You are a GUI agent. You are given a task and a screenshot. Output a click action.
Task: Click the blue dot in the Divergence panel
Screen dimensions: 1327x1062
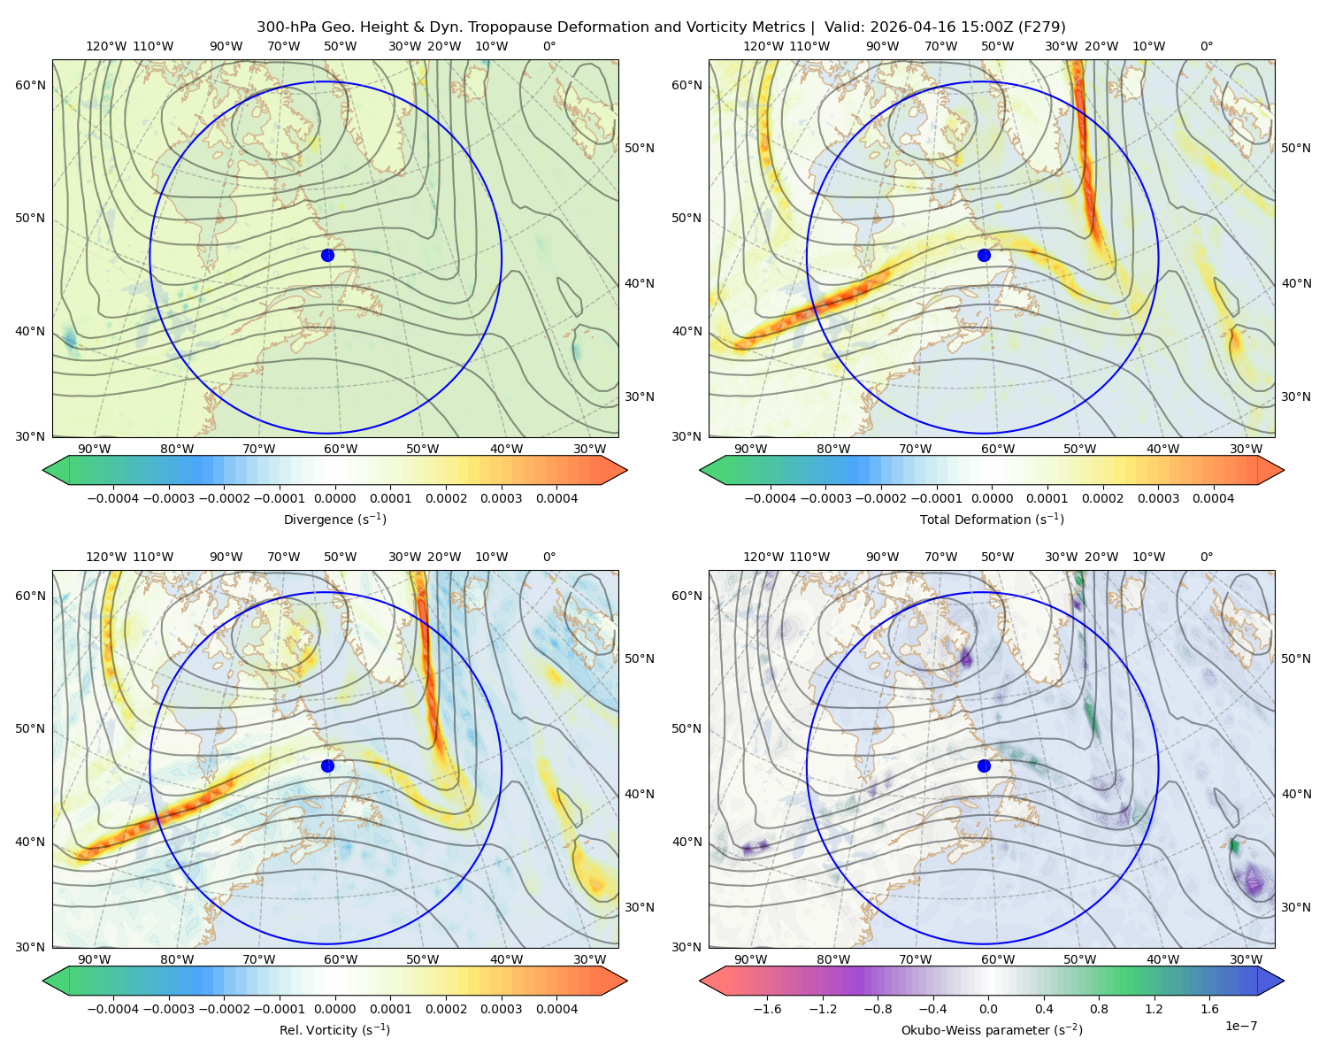[x=327, y=256]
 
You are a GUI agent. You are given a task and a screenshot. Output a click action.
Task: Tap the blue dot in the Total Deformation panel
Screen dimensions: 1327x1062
[x=984, y=256]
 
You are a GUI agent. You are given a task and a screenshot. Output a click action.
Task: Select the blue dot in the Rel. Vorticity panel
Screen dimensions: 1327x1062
[x=327, y=766]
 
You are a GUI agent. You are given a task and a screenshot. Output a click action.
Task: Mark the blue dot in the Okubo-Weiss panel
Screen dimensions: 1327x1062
[x=984, y=766]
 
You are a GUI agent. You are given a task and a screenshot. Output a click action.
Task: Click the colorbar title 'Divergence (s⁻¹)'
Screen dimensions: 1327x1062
[x=334, y=519]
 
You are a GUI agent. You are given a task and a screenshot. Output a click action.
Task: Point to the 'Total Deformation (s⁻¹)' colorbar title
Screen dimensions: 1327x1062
[x=992, y=519]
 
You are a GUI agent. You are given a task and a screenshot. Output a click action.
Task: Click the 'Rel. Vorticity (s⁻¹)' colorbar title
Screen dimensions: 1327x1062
[x=334, y=1030]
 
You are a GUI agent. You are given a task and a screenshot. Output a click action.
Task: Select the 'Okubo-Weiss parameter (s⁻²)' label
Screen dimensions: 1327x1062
[x=992, y=1030]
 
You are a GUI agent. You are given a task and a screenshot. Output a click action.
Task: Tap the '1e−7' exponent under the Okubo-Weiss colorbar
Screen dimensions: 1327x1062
[x=1240, y=1026]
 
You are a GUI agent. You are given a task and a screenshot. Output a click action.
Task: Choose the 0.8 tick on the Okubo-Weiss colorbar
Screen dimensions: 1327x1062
[x=1099, y=1009]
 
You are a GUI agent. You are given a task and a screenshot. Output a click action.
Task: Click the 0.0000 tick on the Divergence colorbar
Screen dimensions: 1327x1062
[x=334, y=498]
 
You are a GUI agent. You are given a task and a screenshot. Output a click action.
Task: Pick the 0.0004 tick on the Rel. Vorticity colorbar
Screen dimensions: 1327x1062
[x=556, y=1009]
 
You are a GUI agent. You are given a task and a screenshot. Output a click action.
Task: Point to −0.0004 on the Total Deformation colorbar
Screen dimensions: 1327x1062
[x=771, y=498]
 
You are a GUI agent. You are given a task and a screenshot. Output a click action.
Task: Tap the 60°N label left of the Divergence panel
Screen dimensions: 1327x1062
[x=30, y=85]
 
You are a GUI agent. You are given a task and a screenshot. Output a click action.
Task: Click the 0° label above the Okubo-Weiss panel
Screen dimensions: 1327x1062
[x=1206, y=557]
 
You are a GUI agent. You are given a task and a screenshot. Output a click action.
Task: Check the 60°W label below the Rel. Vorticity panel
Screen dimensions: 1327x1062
[x=341, y=959]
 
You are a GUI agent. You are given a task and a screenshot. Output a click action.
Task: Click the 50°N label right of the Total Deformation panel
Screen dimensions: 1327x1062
[x=1296, y=148]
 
